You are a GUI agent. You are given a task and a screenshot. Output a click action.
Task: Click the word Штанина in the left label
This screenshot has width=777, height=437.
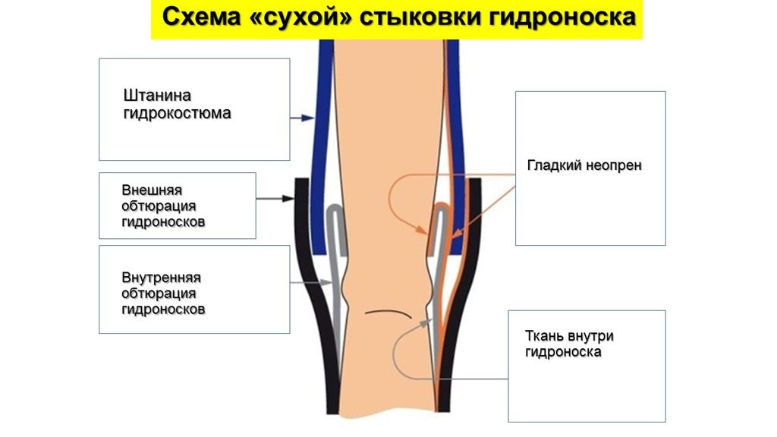(x=156, y=96)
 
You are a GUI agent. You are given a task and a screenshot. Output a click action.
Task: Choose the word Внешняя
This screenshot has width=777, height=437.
(x=152, y=190)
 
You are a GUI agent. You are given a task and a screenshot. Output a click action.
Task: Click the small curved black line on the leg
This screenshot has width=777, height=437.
(x=388, y=313)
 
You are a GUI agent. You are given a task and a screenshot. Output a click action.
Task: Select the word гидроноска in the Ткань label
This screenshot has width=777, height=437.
(x=563, y=353)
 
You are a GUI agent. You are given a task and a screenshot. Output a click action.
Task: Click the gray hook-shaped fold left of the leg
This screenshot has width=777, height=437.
(x=335, y=220)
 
